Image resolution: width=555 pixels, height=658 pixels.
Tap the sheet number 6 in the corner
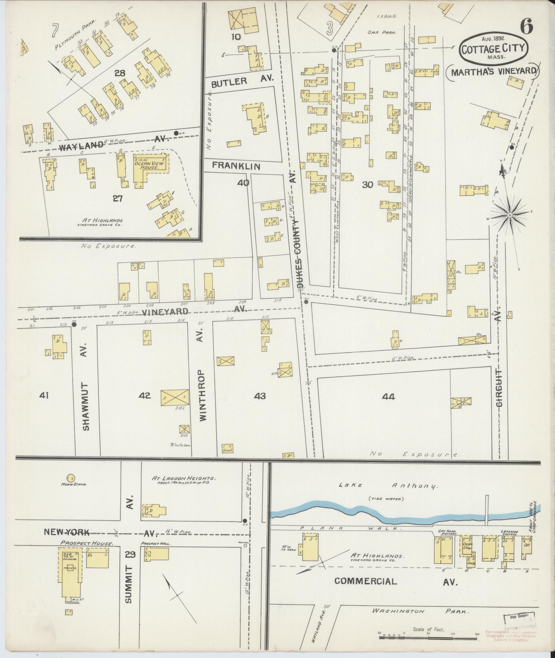click(526, 26)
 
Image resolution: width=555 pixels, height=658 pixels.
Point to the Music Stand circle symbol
click(71, 478)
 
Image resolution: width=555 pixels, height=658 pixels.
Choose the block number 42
click(145, 396)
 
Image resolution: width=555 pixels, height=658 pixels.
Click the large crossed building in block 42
click(175, 397)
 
